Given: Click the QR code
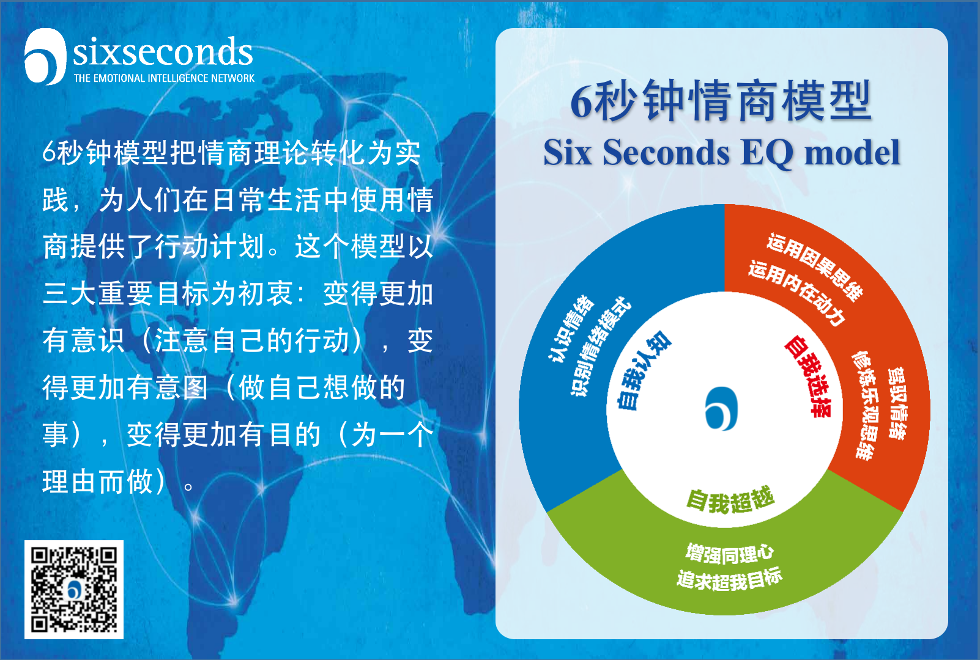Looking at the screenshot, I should [74, 589].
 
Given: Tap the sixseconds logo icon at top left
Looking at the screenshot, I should [45, 57].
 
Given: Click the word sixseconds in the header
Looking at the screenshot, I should [163, 52].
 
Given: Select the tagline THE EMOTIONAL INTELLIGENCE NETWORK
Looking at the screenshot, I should [164, 78].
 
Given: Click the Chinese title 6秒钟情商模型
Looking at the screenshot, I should [721, 101].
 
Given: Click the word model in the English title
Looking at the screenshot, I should [852, 152].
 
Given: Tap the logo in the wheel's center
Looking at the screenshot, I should [721, 409].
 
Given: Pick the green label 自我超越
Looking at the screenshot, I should [730, 501].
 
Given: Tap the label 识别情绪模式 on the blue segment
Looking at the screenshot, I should [600, 346].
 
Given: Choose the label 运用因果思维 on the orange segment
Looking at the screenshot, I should [815, 267].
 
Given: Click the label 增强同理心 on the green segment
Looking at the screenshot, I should [730, 554].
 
